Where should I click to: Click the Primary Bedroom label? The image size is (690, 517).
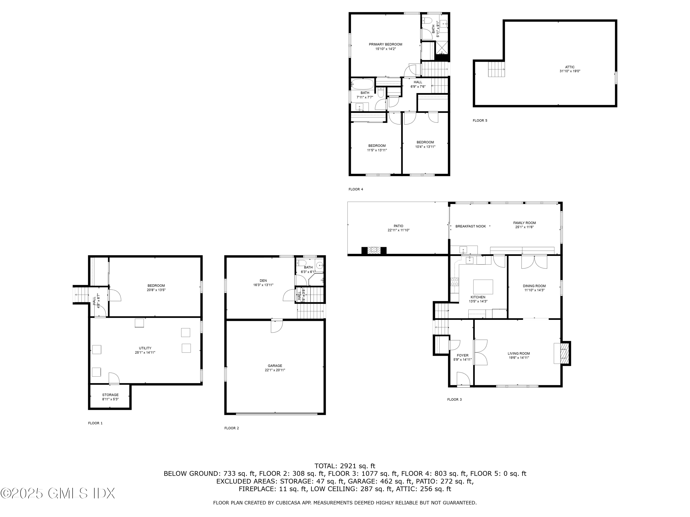point(385,44)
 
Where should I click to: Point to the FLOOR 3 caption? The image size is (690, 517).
point(454,400)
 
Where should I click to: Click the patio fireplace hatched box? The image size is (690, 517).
point(374,250)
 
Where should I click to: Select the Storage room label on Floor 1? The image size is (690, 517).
point(110,395)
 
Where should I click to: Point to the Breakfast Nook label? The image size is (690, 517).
point(470,226)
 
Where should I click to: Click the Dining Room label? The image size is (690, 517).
point(534,286)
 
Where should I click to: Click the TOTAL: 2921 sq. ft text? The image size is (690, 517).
point(345,466)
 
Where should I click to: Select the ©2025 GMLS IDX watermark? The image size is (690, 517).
point(58,493)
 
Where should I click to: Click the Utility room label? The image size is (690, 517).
point(145,348)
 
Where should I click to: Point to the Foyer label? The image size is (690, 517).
point(462,355)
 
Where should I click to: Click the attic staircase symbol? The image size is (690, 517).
point(496,69)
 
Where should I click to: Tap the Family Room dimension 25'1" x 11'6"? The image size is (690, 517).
point(524,227)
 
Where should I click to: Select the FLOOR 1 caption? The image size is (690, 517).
point(95,423)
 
